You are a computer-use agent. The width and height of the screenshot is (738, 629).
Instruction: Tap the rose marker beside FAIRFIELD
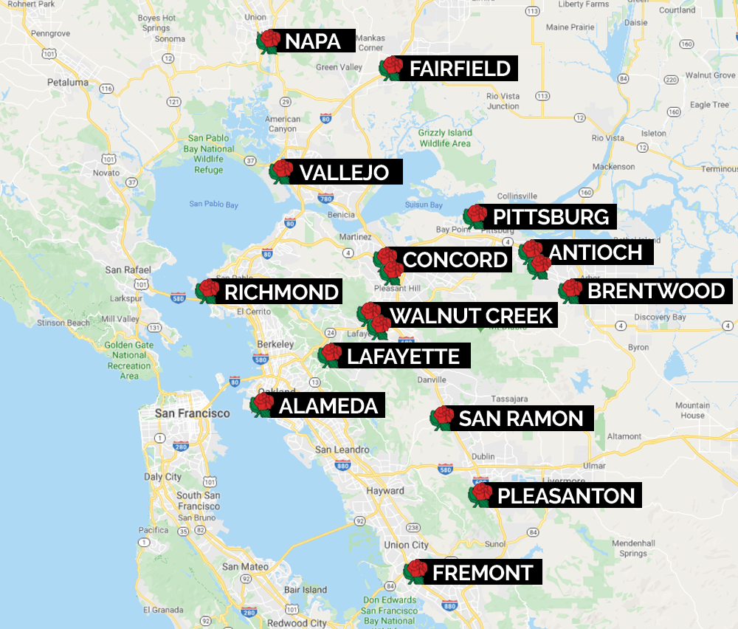click(390, 68)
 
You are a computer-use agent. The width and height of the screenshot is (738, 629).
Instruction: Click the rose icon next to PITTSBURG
click(475, 216)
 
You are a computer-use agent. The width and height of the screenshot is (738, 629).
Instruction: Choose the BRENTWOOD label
click(656, 291)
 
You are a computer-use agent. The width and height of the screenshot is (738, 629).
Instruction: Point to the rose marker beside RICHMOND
click(208, 292)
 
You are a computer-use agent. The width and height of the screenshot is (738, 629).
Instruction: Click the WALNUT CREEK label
click(471, 316)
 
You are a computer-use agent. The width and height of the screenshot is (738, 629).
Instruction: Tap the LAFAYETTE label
click(403, 357)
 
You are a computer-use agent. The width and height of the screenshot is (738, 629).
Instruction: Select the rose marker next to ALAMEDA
click(262, 405)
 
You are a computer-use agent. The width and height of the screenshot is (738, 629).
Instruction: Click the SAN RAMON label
click(521, 419)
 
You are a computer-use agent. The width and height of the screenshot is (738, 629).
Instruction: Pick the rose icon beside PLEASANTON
click(481, 495)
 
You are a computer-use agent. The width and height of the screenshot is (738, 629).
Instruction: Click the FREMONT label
click(483, 572)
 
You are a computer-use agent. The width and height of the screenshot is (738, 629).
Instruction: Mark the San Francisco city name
click(192, 413)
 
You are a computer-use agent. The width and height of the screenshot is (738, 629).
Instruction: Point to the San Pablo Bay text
click(213, 204)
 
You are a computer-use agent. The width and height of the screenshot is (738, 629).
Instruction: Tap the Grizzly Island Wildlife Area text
click(444, 138)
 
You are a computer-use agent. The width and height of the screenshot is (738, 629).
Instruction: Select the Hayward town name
click(385, 490)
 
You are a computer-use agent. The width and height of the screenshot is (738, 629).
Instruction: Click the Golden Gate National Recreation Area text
click(128, 360)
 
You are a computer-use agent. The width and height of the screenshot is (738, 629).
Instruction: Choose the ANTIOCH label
click(595, 252)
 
